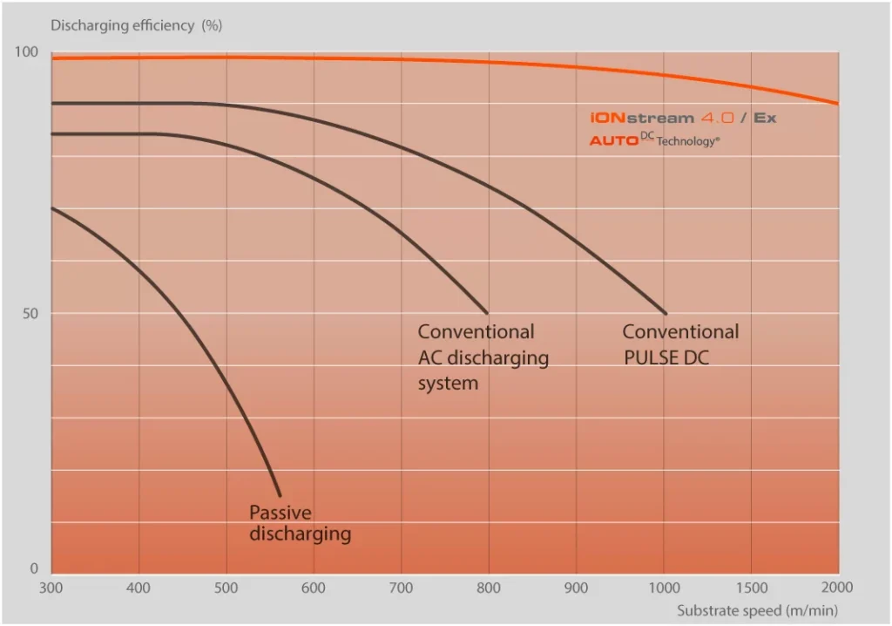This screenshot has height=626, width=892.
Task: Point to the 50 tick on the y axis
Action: pos(30,313)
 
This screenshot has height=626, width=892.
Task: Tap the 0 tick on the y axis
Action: pos(35,569)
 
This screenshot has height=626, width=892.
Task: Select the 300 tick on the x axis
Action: pos(51,589)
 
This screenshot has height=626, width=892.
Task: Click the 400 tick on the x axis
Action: pos(139,589)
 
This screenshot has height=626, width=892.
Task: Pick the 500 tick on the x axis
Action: pos(226,589)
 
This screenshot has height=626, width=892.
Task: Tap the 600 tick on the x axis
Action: pos(314,589)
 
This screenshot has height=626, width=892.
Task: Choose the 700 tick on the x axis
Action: pos(402,589)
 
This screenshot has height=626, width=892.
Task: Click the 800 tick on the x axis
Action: pos(489,589)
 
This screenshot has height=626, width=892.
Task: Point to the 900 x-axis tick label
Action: pos(576,589)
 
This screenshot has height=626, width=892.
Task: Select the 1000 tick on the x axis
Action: pos(664,589)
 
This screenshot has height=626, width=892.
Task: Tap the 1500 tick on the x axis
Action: pos(751,589)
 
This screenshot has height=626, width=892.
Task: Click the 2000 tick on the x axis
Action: pos(838,589)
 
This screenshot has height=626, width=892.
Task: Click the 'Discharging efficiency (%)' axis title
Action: pos(136,25)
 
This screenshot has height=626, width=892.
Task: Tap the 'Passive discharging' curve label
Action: pos(300,523)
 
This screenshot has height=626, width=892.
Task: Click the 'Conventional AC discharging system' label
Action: pos(483,357)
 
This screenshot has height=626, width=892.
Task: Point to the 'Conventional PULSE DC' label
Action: pos(680,344)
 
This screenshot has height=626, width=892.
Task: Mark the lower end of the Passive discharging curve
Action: pos(280,495)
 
